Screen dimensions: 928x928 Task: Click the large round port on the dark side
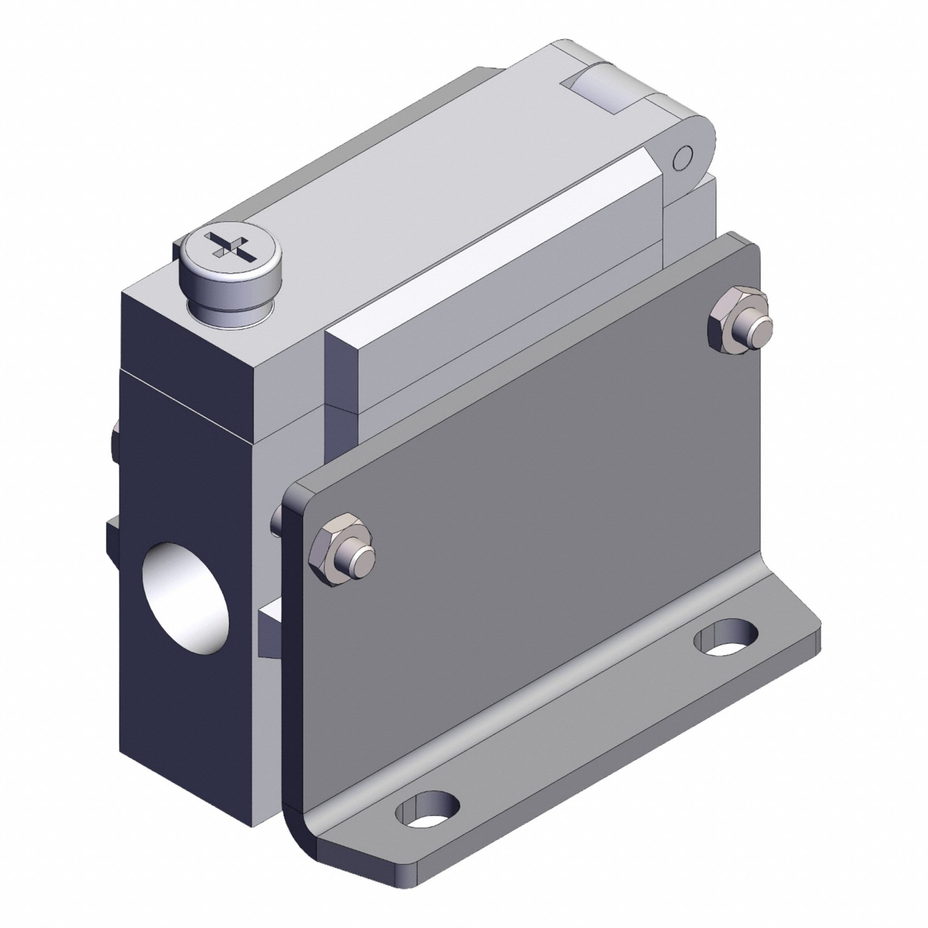[x=186, y=598]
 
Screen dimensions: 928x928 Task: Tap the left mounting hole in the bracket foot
[x=427, y=812]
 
